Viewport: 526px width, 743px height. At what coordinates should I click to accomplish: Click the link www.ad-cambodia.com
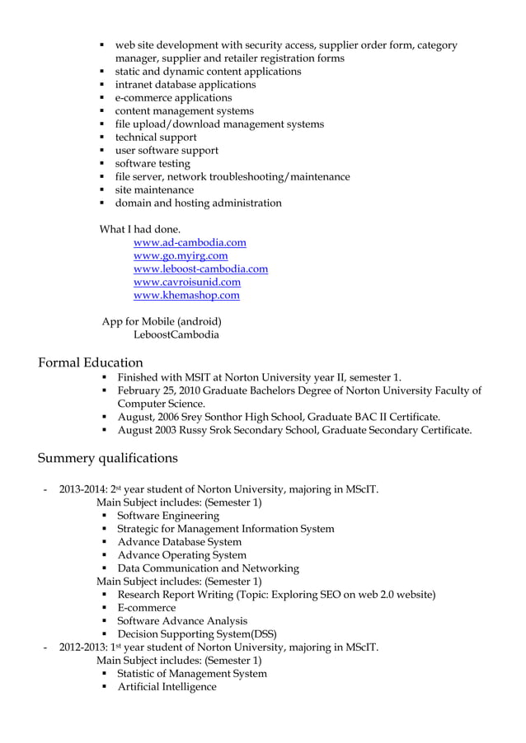coord(190,242)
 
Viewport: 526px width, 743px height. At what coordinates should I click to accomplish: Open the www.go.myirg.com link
coord(181,255)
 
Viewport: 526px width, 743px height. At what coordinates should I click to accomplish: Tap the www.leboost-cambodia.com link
coord(200,269)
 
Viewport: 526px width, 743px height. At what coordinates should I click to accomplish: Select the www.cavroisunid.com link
coord(187,282)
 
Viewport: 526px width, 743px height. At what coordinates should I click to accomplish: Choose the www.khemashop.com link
coord(186,295)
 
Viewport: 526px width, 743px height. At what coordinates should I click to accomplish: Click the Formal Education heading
coord(91,362)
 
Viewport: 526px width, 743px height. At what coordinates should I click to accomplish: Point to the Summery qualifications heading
coord(108,457)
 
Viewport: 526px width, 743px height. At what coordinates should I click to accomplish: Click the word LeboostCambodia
coord(176,334)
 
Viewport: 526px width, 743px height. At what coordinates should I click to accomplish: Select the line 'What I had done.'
coord(140,228)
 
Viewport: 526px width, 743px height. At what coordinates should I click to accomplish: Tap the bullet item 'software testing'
coord(153,163)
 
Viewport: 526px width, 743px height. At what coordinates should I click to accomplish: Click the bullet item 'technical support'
coord(156,137)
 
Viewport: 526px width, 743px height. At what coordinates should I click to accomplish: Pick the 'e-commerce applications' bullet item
coord(174,97)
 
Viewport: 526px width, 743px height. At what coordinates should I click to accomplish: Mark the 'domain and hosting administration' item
coord(198,203)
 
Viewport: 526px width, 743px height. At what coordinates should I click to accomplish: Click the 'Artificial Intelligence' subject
coord(167,686)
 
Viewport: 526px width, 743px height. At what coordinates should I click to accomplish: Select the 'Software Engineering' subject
coord(168,515)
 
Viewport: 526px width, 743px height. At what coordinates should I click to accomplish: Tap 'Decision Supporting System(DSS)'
coord(197,633)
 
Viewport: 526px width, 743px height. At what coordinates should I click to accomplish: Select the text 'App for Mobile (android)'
coord(162,321)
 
